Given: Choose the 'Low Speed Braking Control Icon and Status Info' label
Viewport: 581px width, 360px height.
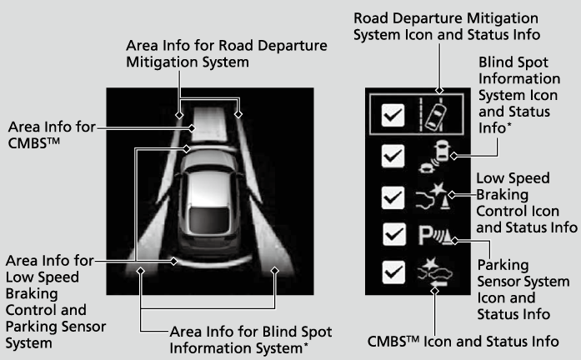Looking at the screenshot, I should click(525, 202).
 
